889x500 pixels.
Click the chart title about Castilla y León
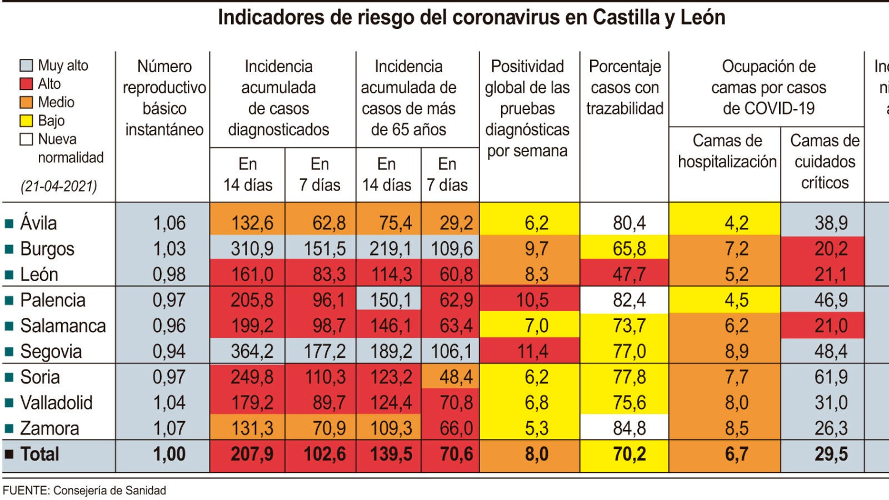[x=471, y=18]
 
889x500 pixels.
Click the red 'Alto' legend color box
[x=26, y=84]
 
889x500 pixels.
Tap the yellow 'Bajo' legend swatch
[x=26, y=121]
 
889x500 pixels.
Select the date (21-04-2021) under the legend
[x=59, y=186]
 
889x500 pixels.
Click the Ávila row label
[x=38, y=223]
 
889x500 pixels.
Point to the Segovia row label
[x=51, y=351]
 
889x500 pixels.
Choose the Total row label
[x=39, y=454]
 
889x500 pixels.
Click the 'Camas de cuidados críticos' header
[x=825, y=161]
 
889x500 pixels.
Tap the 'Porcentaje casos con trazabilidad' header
[x=625, y=87]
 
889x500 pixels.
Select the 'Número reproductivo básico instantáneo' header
[x=164, y=98]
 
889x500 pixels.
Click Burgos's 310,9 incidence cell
[x=252, y=248]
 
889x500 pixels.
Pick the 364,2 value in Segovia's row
[x=252, y=351]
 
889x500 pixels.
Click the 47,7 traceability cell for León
[x=629, y=274]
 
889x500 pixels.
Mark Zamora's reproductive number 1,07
[x=169, y=428]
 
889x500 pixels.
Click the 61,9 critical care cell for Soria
[x=831, y=377]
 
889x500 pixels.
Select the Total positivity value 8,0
[x=536, y=454]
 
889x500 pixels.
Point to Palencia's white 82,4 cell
[x=629, y=300]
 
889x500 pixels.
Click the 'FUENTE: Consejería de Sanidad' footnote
[x=84, y=491]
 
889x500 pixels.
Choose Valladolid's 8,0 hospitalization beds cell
[x=736, y=402]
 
